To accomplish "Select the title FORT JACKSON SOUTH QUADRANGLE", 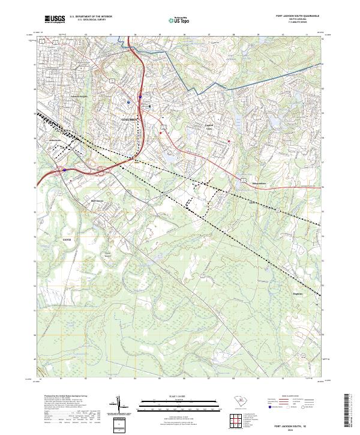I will click(297, 16).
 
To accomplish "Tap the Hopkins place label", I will click(298, 293).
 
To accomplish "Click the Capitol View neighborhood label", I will click(209, 126).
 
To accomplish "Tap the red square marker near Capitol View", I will click(229, 142).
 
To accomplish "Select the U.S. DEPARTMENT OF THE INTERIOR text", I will click(91, 16).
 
